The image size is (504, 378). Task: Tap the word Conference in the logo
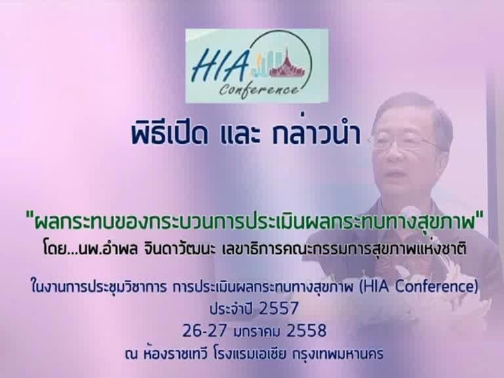(x=259, y=89)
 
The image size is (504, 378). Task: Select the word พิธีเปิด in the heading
(x=169, y=135)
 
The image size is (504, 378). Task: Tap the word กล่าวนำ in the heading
(x=316, y=135)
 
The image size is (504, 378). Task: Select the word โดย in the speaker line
(x=54, y=250)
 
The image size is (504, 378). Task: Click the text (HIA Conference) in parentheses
(x=417, y=287)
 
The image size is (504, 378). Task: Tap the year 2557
(x=279, y=308)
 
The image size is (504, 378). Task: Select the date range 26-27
(x=205, y=331)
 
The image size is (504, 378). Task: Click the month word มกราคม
(x=258, y=331)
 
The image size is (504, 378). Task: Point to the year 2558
(x=306, y=331)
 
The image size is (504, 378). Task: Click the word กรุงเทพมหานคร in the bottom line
(x=338, y=354)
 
